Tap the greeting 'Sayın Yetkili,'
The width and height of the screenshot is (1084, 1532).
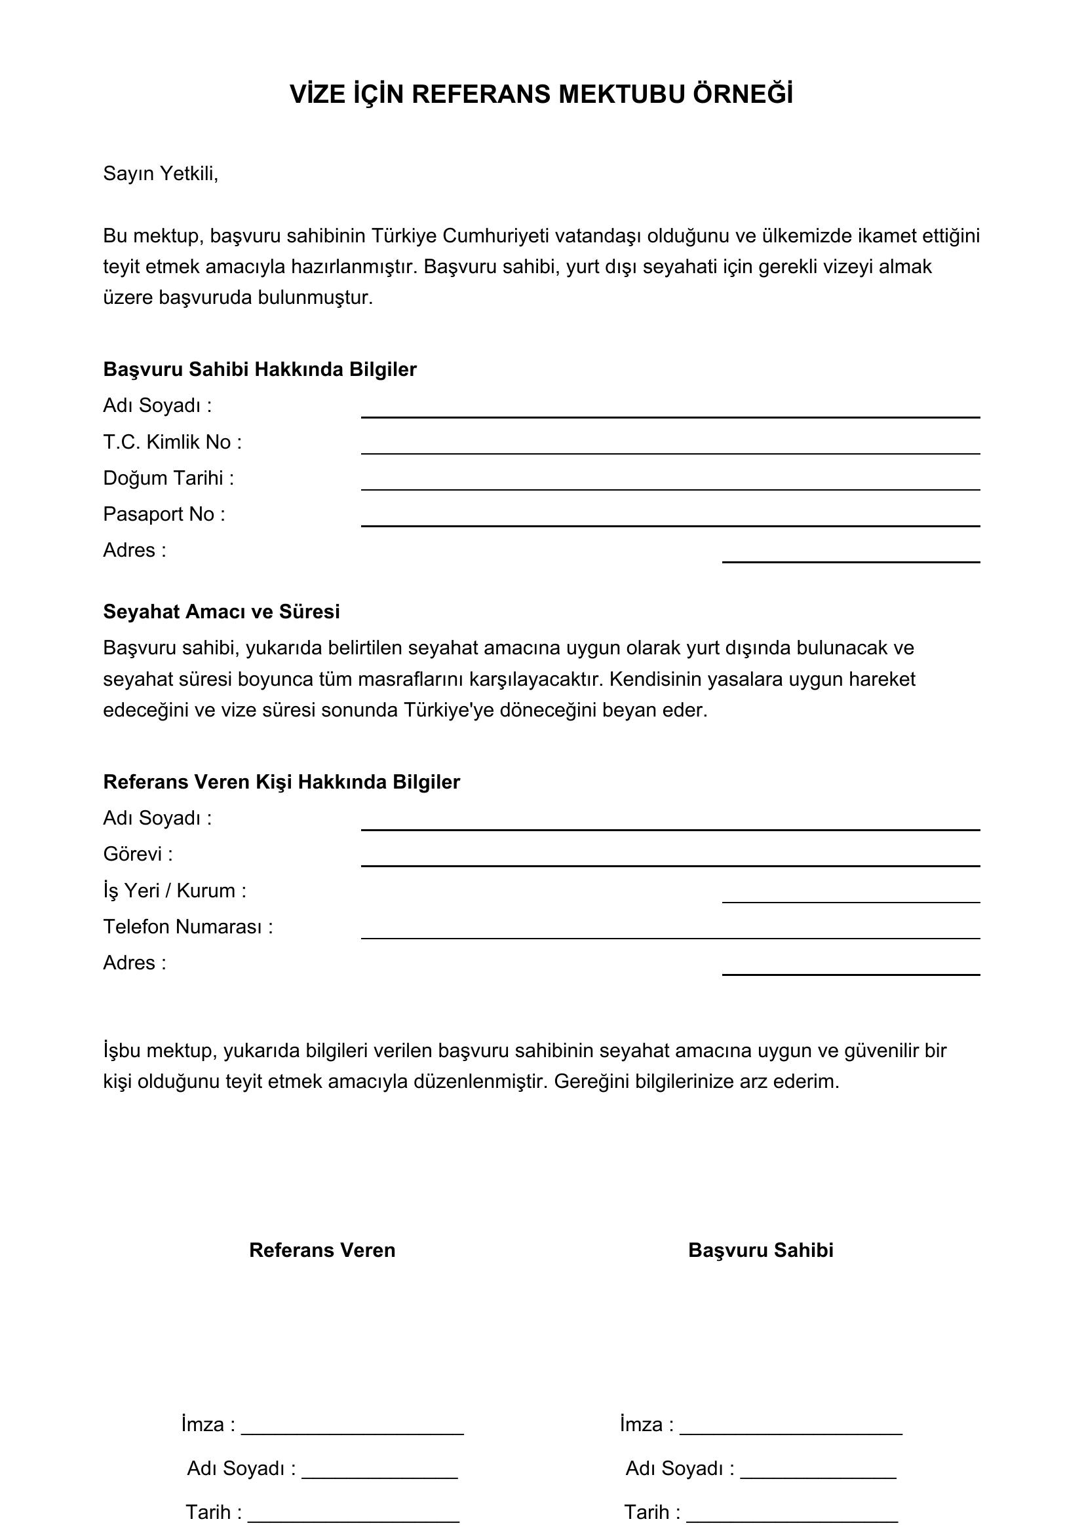(160, 174)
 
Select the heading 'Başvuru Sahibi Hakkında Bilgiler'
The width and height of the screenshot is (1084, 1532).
(260, 369)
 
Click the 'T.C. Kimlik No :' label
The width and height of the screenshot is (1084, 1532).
(172, 441)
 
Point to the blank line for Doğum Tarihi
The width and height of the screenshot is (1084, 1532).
(670, 489)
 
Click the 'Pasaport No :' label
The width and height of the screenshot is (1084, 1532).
(165, 514)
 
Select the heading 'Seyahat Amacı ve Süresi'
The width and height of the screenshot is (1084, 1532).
(221, 611)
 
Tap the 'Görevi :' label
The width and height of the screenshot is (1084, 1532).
(138, 854)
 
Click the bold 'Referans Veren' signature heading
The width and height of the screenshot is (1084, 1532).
(322, 1250)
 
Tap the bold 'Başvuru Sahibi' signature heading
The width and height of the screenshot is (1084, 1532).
(760, 1250)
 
